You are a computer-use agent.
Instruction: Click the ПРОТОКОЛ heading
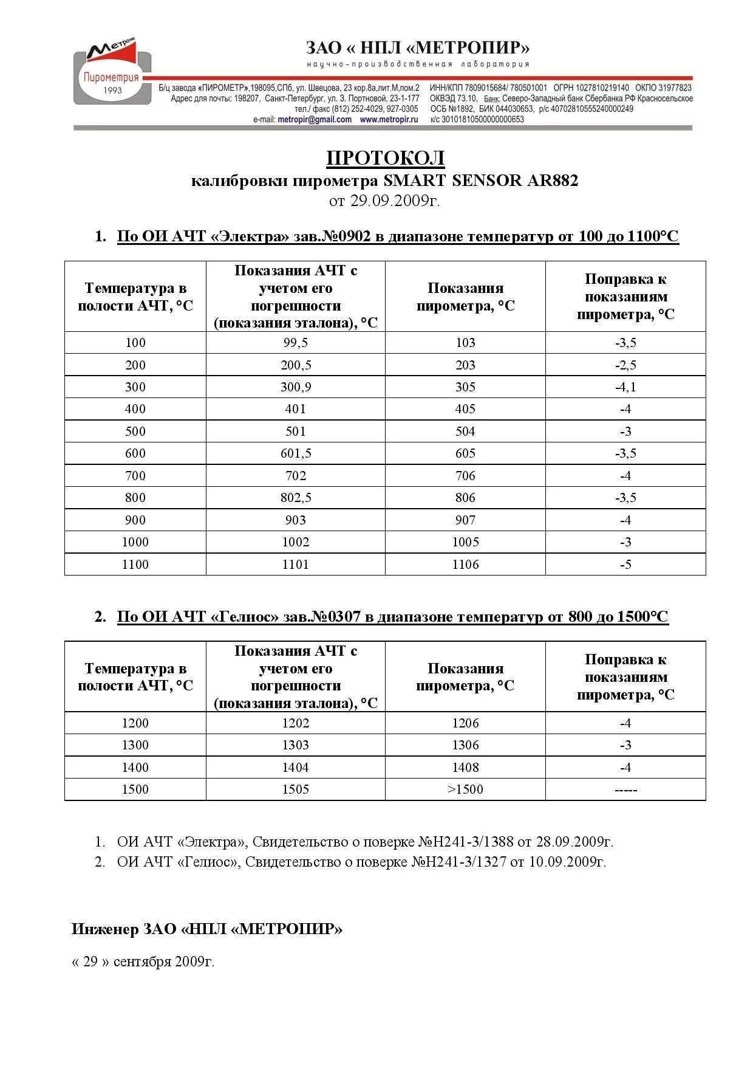point(386,158)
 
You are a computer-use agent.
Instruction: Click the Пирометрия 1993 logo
point(112,75)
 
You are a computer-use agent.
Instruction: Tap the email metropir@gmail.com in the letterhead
point(314,120)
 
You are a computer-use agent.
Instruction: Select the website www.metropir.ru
point(389,120)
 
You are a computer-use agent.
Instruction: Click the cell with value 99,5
point(295,343)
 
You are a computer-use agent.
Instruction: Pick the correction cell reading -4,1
point(625,387)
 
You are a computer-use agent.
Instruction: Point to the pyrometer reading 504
point(465,432)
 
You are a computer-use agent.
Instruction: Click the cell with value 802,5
point(295,498)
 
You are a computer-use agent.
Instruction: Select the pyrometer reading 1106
point(465,565)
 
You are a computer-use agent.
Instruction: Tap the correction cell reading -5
point(625,565)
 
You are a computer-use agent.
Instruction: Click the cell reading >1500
point(465,789)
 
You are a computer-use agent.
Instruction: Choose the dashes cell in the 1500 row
point(625,790)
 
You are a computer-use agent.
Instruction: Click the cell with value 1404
point(295,768)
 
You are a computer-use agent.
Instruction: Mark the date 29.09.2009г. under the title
point(395,201)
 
